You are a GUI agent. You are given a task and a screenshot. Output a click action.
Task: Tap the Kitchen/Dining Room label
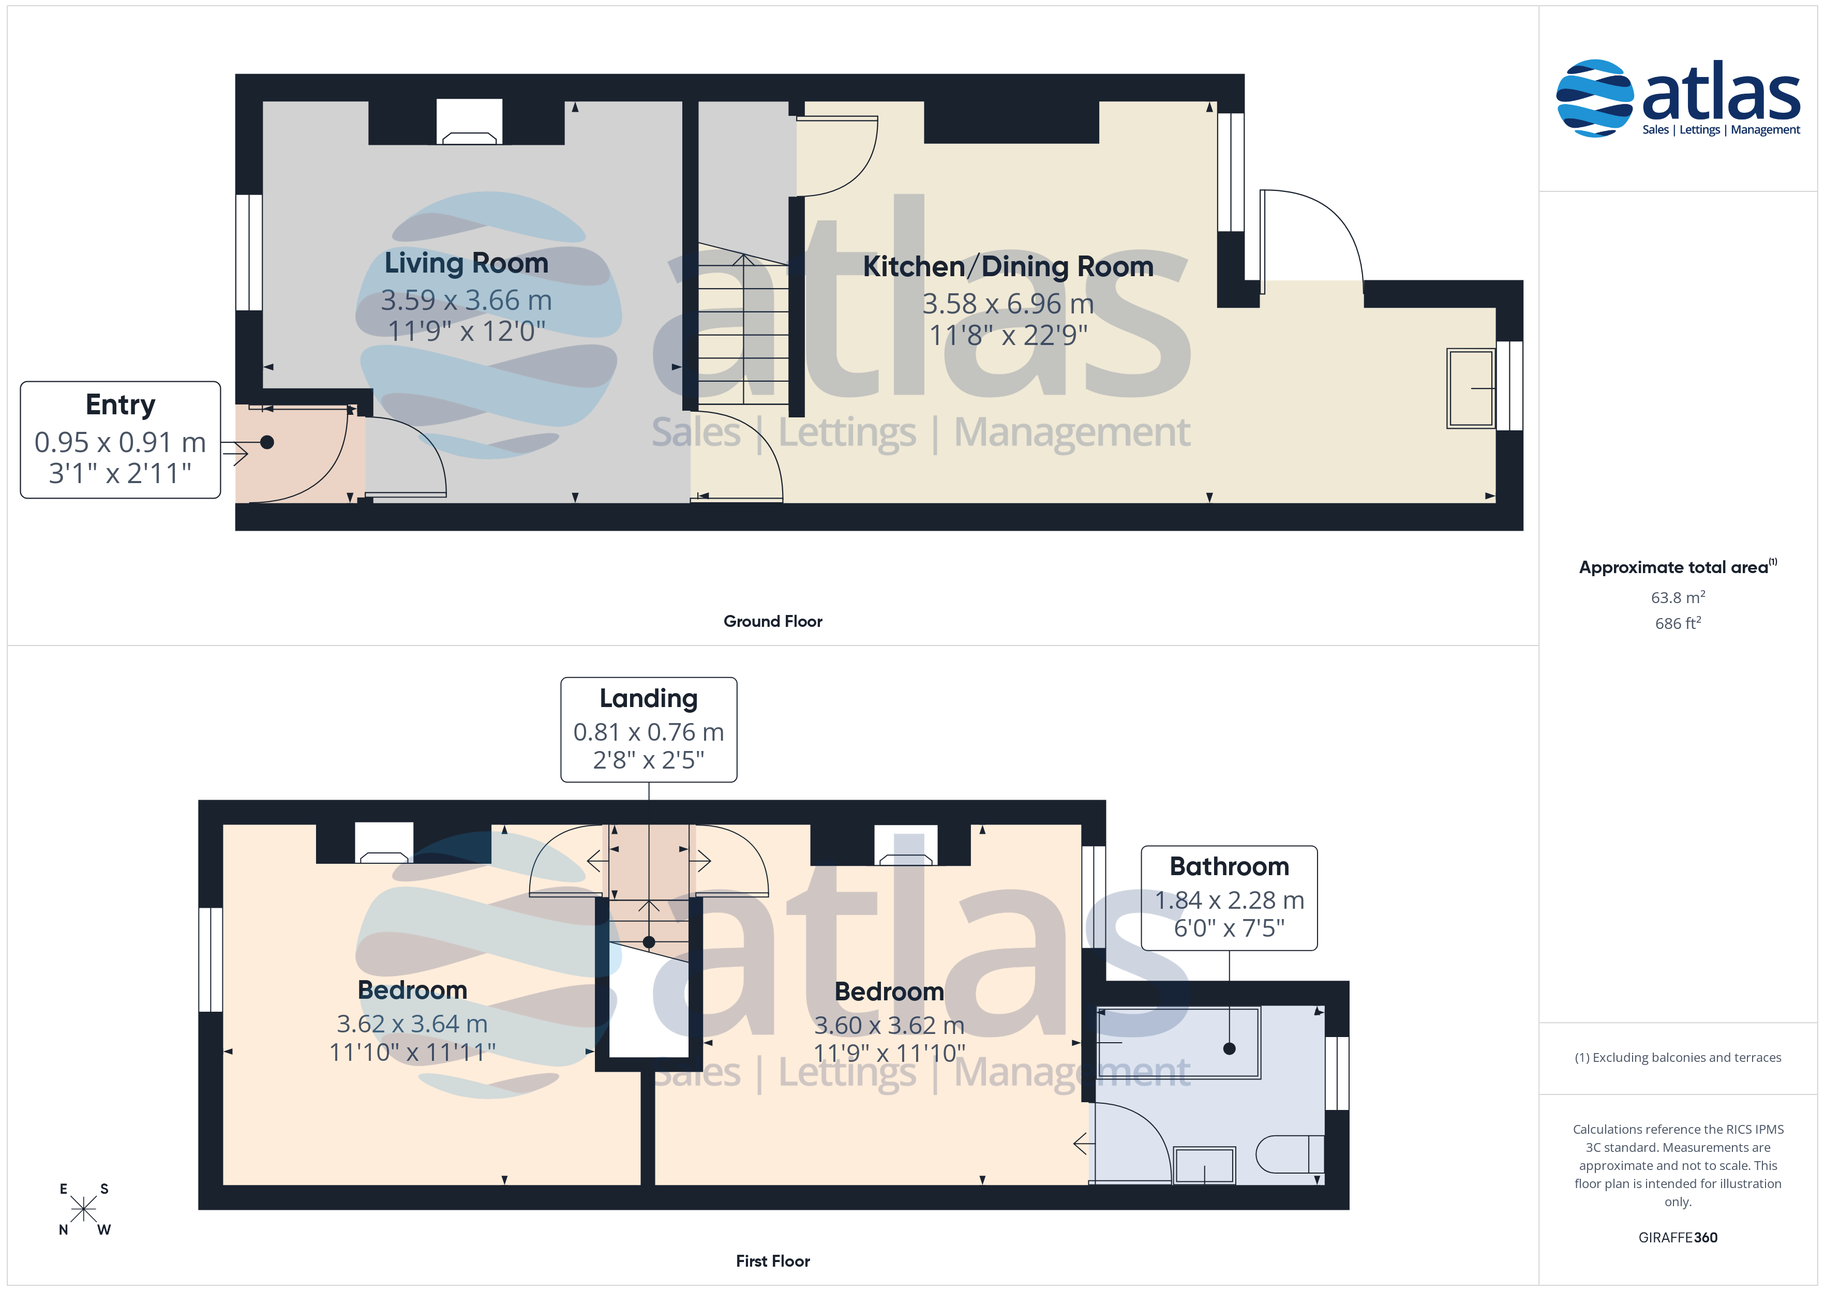tap(1008, 266)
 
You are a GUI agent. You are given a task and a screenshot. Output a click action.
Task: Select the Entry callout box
tap(120, 440)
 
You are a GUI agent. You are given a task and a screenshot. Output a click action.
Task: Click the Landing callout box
tap(649, 730)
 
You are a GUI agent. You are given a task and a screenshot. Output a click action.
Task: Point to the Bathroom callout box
tap(1229, 897)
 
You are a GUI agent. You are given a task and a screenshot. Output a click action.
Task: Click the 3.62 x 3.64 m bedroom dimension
tap(412, 1023)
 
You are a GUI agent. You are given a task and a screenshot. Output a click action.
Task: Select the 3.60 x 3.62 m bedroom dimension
tap(889, 1025)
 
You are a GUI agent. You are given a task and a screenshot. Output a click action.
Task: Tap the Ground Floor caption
tap(773, 621)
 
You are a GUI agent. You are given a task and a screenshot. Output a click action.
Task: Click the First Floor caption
tap(773, 1261)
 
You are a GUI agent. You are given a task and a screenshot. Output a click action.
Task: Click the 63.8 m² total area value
tap(1678, 597)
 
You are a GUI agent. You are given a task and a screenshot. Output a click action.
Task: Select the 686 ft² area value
tap(1678, 623)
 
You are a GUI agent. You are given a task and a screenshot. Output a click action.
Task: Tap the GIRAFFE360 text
tap(1678, 1237)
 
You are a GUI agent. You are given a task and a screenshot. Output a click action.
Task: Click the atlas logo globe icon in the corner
tap(1594, 98)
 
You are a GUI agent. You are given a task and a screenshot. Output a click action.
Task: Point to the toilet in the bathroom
tap(1289, 1154)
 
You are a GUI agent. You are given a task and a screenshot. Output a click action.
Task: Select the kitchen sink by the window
tap(1471, 388)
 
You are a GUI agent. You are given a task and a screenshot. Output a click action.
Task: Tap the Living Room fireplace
tap(469, 122)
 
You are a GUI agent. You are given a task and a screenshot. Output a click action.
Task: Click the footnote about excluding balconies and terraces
tap(1678, 1057)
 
